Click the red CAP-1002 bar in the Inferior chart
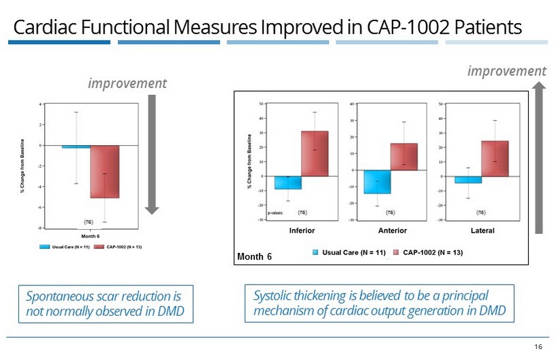[x=315, y=154]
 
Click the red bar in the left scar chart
[x=104, y=172]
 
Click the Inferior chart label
[x=302, y=231]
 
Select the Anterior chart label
[x=392, y=231]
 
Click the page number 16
[x=538, y=346]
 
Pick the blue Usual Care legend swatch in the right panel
[x=316, y=252]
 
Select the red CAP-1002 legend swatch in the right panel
[x=397, y=252]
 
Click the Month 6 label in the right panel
[x=254, y=256]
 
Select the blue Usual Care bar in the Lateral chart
[x=468, y=180]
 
